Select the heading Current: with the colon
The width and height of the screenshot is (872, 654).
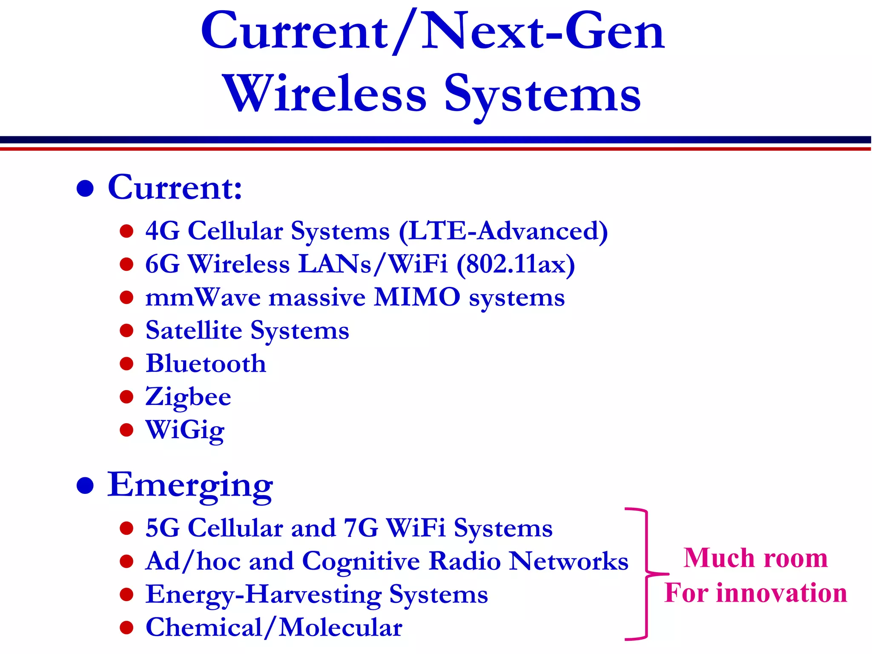tap(175, 187)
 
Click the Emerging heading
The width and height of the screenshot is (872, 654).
tap(190, 485)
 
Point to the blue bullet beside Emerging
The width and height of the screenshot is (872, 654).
tap(85, 486)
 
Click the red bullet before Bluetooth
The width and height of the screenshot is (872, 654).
tap(126, 364)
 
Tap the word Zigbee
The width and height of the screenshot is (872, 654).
tap(188, 397)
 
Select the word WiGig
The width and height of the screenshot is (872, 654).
tap(185, 430)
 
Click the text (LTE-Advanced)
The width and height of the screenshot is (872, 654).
tap(503, 231)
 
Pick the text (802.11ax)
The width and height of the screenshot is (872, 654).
tap(516, 264)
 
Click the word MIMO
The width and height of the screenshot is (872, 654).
tap(417, 297)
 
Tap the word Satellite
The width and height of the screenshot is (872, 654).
tap(194, 330)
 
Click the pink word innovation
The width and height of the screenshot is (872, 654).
tap(782, 593)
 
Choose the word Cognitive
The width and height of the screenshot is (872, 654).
tap(361, 561)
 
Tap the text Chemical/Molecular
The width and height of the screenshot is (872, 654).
tap(274, 628)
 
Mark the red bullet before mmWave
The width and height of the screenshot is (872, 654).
tap(126, 297)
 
